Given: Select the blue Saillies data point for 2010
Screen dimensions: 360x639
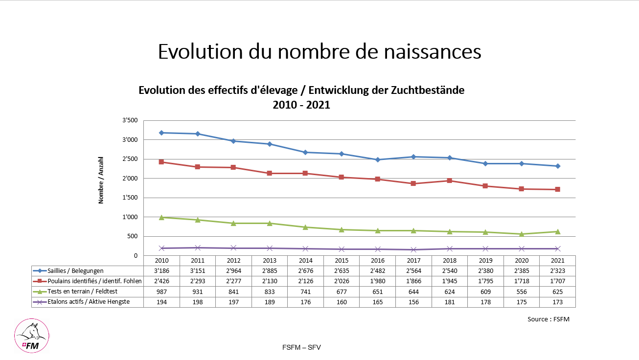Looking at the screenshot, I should tap(161, 133).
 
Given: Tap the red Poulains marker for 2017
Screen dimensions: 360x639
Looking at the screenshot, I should tap(413, 183).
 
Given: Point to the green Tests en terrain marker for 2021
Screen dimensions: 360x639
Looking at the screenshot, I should tap(557, 231).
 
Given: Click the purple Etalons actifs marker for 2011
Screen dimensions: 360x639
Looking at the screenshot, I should tap(198, 248).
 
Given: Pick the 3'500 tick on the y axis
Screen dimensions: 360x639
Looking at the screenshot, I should tap(130, 120).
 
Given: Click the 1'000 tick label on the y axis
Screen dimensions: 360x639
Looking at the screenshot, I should tap(130, 217).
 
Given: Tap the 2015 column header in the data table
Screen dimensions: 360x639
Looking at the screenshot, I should tap(342, 261).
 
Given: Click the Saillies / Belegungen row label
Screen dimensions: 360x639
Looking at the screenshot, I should tap(75, 271).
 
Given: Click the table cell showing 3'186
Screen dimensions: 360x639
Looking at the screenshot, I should tap(161, 271).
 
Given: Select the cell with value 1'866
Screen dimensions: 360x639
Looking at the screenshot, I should tap(413, 281).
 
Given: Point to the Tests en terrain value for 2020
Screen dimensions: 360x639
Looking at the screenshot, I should tap(522, 292).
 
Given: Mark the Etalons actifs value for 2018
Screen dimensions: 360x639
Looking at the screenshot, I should tap(449, 302).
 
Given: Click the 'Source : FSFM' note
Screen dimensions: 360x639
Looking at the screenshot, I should tap(548, 319).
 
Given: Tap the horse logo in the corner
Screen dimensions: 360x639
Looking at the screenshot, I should tap(32, 335).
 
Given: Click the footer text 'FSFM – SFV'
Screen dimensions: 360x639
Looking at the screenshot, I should tap(301, 347).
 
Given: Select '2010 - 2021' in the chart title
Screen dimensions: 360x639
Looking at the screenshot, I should tap(301, 105).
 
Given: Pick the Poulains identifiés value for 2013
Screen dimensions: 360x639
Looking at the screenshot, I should tap(270, 281).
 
